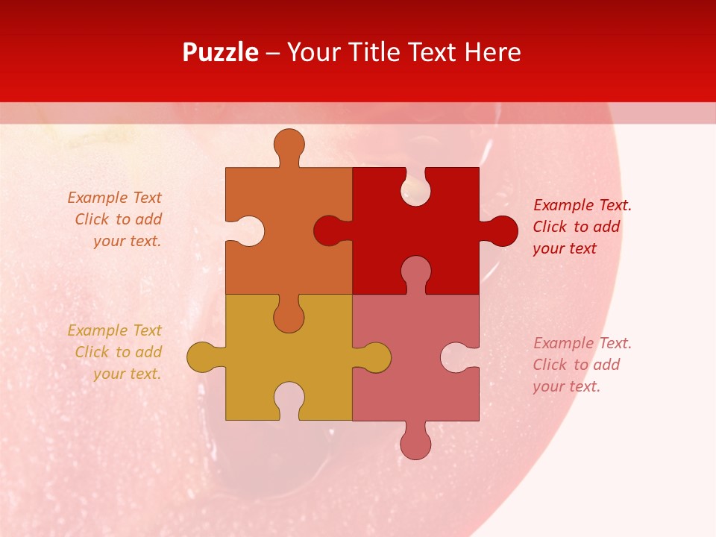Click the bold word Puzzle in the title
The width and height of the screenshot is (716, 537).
[220, 52]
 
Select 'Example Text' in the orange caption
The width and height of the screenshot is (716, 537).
[114, 198]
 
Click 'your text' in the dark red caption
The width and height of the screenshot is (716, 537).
[565, 249]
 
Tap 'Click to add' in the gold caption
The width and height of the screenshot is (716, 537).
[118, 352]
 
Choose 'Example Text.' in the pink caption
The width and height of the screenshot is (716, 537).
[582, 343]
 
